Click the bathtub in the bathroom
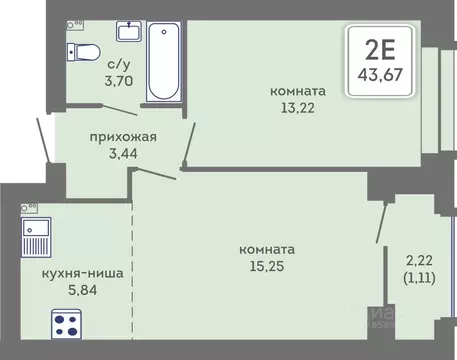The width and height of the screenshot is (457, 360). pos(162,61)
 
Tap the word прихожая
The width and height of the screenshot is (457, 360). pos(120,138)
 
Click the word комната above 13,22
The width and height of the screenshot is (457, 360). pos(299,92)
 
